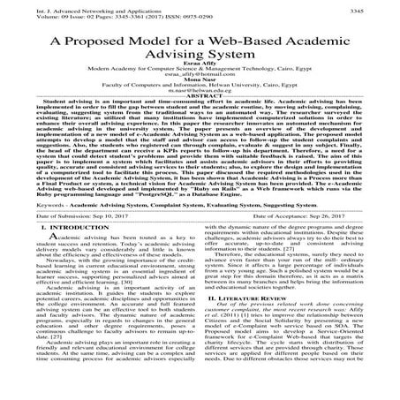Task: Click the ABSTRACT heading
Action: (200, 118)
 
